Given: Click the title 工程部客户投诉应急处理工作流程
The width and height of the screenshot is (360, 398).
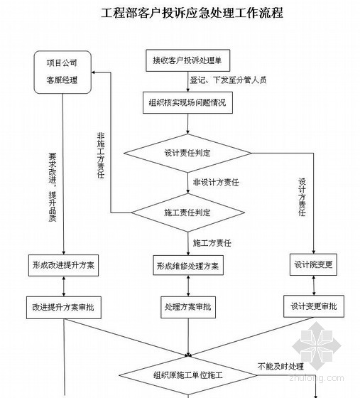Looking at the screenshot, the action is tap(192, 13).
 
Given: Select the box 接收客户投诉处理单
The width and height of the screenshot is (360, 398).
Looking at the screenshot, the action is tap(188, 60).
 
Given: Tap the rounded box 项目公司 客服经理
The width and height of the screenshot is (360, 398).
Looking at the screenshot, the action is tap(62, 72).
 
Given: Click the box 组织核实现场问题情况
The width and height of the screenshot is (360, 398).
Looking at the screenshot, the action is tap(188, 102).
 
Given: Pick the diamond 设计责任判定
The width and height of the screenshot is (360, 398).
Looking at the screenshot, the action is tap(187, 153).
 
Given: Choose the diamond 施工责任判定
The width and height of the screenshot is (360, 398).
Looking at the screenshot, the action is tap(188, 213).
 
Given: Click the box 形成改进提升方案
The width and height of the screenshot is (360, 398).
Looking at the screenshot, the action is tap(63, 266).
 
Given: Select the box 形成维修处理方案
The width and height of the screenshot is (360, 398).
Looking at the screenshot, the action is tap(188, 266).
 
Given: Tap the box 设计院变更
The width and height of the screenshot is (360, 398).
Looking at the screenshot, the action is tap(313, 264).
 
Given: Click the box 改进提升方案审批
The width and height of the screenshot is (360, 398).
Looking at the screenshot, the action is tap(64, 307).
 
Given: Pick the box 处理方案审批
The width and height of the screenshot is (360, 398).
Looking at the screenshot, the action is tap(188, 307).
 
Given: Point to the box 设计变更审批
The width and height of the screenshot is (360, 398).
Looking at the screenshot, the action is tap(314, 306).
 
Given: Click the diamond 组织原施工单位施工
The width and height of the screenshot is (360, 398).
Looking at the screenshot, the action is tap(188, 375).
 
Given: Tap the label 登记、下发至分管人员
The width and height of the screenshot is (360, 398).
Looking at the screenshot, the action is tap(228, 80).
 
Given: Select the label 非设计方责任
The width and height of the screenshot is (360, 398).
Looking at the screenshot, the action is tap(216, 182).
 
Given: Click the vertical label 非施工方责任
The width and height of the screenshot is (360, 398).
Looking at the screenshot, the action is tap(101, 156).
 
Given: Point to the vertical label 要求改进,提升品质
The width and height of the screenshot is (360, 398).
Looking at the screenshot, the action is tap(53, 188).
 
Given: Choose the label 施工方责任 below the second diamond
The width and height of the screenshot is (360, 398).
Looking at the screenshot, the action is tap(212, 243).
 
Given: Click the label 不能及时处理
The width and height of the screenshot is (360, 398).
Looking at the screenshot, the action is tap(280, 367).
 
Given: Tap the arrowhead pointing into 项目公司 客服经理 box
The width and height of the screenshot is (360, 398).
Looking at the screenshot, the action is tap(93, 72).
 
